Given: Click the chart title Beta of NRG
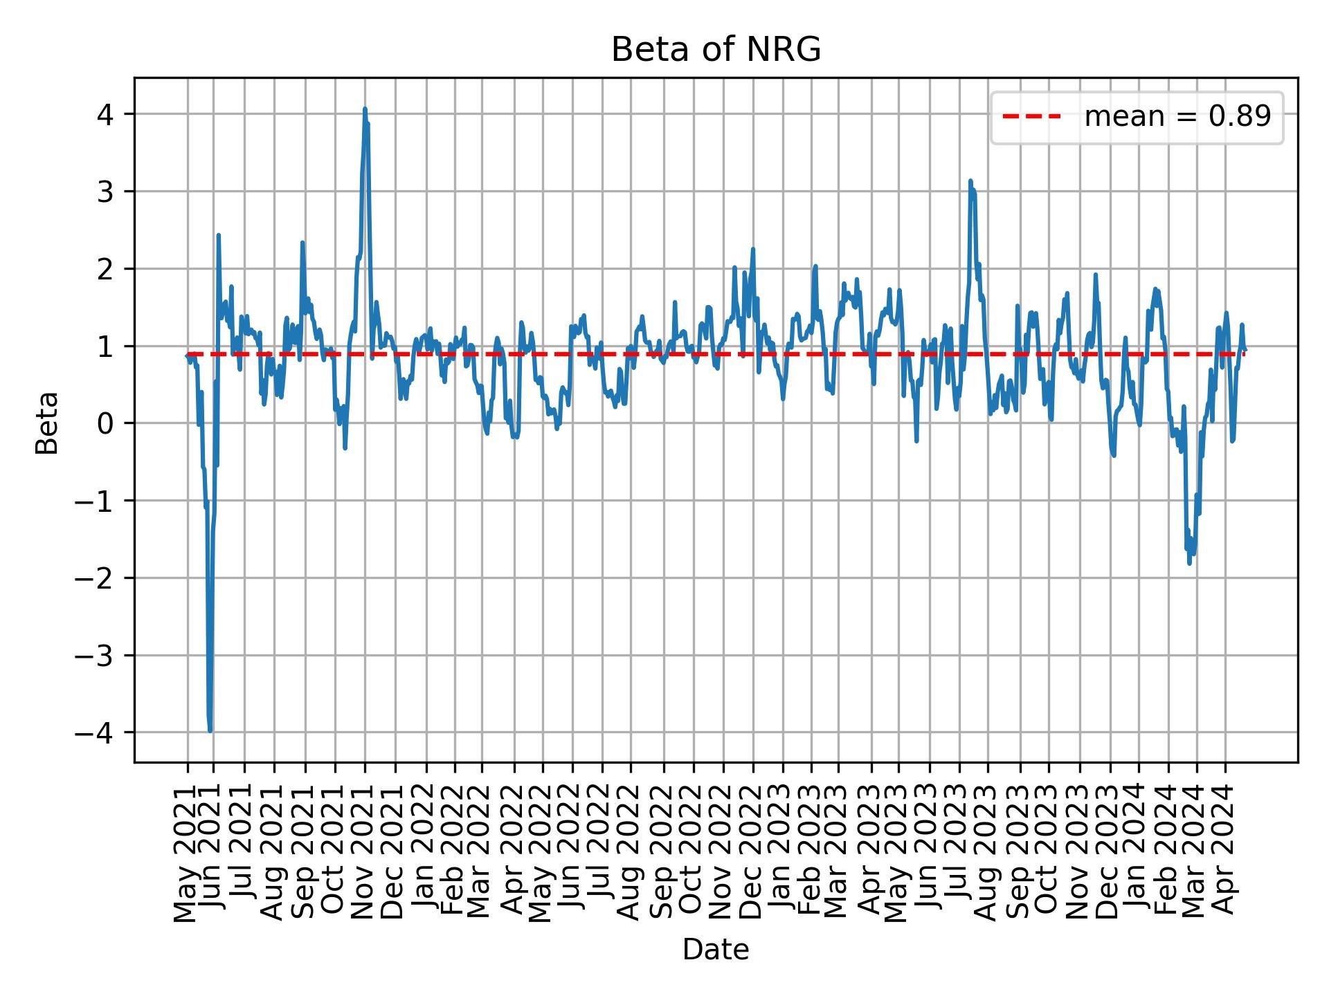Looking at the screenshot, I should point(716,50).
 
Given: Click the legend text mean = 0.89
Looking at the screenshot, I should point(1177,117).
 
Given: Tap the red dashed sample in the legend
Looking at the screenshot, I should point(1031,117).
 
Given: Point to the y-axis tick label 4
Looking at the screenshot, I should point(105,114).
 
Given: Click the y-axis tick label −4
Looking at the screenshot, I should point(96,732).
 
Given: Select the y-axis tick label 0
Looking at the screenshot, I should point(105,423).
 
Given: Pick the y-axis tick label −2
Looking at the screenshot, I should point(96,578).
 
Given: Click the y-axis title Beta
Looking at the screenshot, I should point(47,423).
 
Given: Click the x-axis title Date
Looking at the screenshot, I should point(716,950).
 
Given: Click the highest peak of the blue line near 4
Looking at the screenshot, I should point(365,109).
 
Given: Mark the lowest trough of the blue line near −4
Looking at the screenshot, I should point(210,730).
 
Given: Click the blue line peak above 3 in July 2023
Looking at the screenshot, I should point(970,181).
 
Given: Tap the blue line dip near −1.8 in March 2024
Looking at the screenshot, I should point(1189,563).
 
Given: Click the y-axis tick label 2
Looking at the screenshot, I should point(105,269).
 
